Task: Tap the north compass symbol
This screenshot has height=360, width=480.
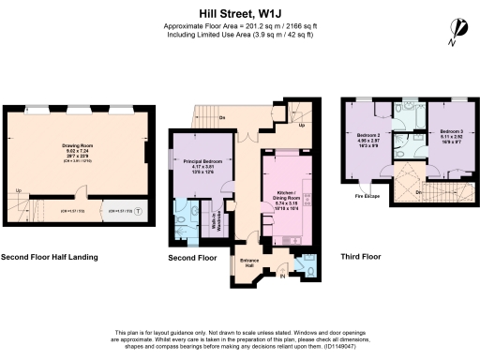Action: (457, 32)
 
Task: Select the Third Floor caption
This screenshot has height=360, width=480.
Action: (360, 256)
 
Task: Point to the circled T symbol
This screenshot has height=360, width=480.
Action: (138, 211)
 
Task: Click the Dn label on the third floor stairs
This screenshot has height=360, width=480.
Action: (417, 191)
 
